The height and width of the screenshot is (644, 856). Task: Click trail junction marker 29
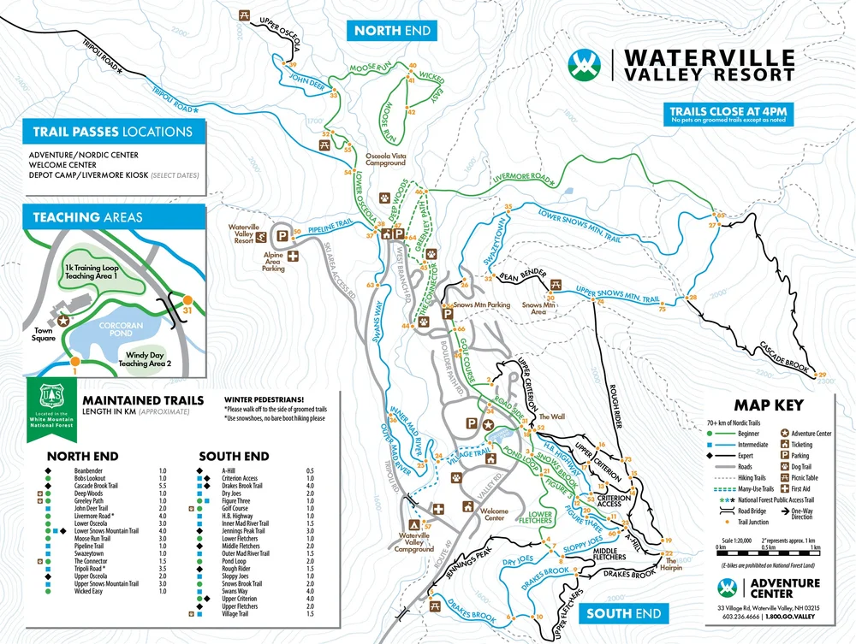tap(823, 375)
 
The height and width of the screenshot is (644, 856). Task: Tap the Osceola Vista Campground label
tap(390, 161)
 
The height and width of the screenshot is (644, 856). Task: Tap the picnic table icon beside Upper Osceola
tap(244, 15)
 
